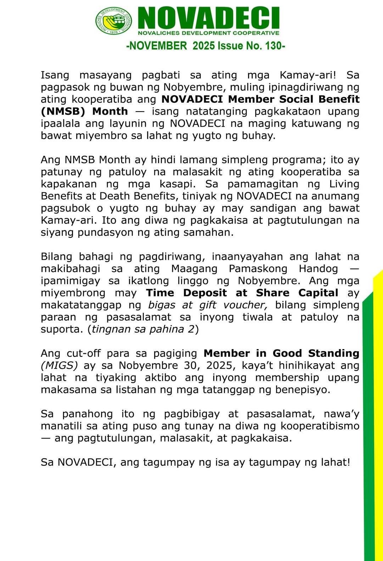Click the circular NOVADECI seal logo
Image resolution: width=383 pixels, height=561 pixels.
tap(113, 21)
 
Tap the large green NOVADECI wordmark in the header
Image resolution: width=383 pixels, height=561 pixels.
tap(209, 18)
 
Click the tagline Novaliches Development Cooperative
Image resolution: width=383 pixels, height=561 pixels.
tap(208, 33)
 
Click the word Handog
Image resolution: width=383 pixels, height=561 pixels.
tap(319, 269)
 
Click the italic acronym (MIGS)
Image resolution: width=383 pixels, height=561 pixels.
tap(59, 365)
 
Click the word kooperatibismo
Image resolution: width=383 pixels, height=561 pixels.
tap(320, 426)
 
